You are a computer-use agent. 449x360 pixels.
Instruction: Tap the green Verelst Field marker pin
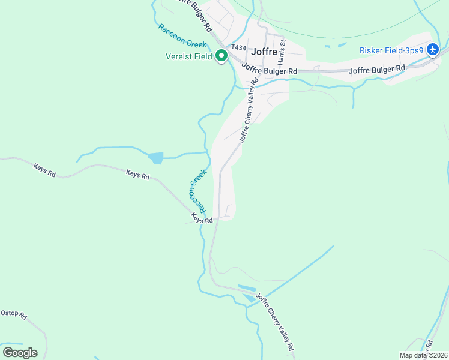point(221,56)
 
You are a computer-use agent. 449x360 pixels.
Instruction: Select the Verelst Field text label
point(189,57)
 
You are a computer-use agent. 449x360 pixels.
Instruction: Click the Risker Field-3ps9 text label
point(391,50)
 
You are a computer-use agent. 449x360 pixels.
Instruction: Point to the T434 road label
point(239,47)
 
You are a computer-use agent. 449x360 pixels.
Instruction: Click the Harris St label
point(282,50)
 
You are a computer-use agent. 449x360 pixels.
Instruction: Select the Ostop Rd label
point(14,314)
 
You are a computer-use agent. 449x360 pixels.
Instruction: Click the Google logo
point(20,352)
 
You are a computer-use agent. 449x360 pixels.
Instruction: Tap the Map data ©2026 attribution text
point(423,355)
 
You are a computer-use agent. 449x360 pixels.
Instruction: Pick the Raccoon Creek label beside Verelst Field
point(182,35)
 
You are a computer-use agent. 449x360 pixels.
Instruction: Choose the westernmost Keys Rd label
point(44,171)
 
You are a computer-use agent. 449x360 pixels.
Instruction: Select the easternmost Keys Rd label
point(202,218)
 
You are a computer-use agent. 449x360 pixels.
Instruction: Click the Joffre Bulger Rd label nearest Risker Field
point(377,70)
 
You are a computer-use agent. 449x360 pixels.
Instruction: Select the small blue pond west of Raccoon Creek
point(155,158)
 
